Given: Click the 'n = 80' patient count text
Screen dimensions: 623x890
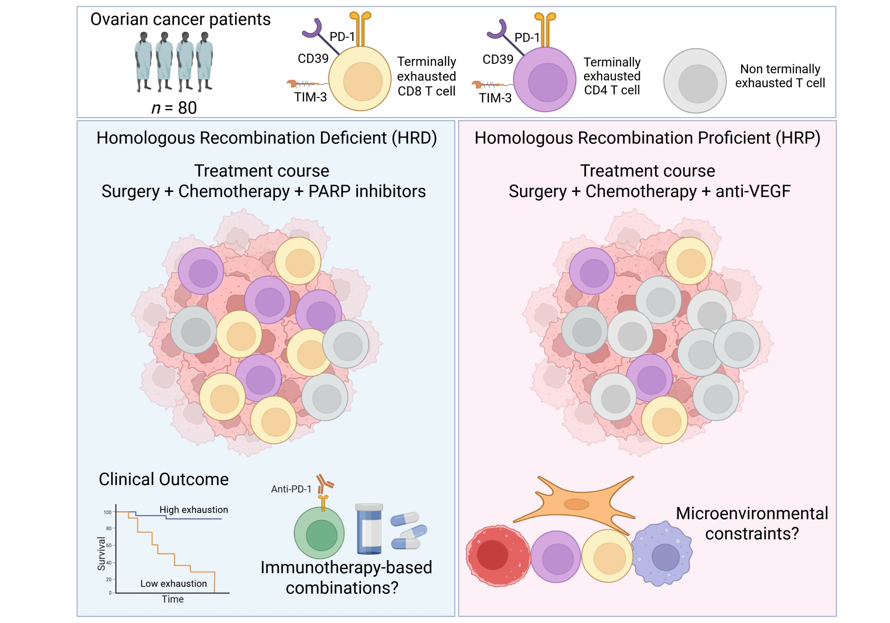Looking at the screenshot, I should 174,108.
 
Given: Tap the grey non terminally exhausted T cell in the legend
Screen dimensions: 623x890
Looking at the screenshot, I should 695,81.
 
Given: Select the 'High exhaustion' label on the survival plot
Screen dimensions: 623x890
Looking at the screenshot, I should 193,510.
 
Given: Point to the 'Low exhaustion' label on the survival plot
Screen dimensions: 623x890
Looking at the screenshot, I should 173,583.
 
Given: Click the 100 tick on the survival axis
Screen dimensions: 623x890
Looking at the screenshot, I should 107,512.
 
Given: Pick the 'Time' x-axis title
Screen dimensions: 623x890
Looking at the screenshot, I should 172,599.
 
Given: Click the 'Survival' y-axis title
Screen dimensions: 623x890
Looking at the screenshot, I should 101,553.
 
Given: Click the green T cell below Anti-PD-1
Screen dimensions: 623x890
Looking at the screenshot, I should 319,533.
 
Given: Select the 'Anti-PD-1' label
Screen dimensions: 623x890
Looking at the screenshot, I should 291,489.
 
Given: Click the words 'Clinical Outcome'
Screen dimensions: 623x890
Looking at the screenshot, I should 164,479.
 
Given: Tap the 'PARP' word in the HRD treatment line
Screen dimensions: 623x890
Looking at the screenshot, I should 329,191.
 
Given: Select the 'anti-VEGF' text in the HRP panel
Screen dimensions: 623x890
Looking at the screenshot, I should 753,191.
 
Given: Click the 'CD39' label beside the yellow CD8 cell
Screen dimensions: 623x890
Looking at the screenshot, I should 313,58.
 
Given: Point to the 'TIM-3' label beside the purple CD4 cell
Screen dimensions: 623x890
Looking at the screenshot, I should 495,98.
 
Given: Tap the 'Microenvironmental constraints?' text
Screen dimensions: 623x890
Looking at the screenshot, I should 752,523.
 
